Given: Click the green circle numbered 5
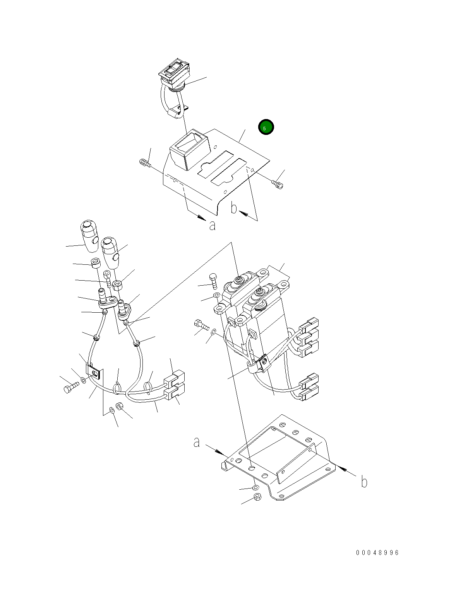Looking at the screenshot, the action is point(266,127).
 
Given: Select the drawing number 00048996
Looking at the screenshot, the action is point(377,552).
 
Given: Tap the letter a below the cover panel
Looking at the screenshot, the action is point(212,226).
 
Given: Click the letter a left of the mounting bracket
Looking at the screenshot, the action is point(196,442).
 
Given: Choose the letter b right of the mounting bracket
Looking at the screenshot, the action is point(364,482).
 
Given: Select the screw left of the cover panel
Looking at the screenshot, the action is point(145,163).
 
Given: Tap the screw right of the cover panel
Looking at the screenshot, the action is point(278,184).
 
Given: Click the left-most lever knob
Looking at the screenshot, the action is point(89,236).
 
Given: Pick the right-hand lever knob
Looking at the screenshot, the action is point(110,253).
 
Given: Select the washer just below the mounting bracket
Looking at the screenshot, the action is point(255,487).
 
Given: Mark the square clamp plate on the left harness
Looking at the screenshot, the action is point(94,371).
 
